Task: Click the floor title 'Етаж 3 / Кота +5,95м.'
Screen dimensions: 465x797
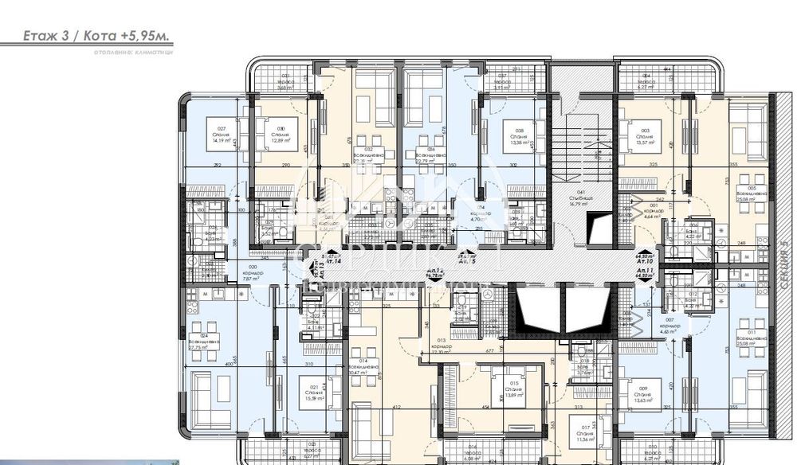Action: [87, 36]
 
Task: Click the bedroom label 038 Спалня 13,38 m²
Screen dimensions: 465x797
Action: [519, 134]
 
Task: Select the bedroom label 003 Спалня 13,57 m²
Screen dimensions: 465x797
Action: [644, 133]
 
